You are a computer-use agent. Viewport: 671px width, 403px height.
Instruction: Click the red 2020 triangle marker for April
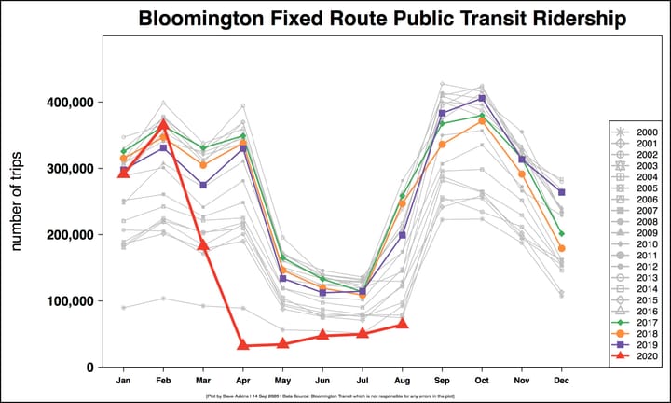tap(243, 345)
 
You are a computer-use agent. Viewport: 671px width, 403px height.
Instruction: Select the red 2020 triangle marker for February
tap(163, 124)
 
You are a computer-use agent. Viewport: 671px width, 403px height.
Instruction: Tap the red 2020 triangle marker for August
tap(403, 324)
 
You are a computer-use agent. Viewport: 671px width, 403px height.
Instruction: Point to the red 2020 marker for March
tap(203, 245)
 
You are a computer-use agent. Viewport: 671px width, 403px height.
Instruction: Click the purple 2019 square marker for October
tap(482, 98)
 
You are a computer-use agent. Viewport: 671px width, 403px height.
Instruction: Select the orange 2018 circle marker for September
tap(443, 145)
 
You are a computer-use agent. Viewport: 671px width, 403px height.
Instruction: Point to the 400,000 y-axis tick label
tap(72, 102)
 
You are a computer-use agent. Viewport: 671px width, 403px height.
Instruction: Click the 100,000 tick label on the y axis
tap(72, 301)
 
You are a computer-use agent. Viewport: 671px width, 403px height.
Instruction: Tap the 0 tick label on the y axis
tap(89, 368)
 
